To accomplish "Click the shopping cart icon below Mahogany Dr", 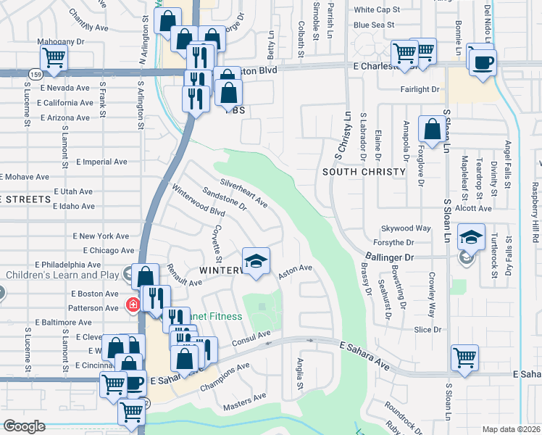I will (x=54, y=57).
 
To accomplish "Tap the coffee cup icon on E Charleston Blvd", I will (x=482, y=61).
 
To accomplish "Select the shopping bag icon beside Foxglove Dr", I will (x=433, y=130).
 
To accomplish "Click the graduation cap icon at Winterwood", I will (x=256, y=262).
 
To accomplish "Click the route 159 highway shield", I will (x=35, y=74).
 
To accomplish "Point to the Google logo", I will (x=25, y=426).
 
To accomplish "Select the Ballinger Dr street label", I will (x=388, y=257).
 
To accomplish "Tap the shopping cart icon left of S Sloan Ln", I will (x=464, y=357).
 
